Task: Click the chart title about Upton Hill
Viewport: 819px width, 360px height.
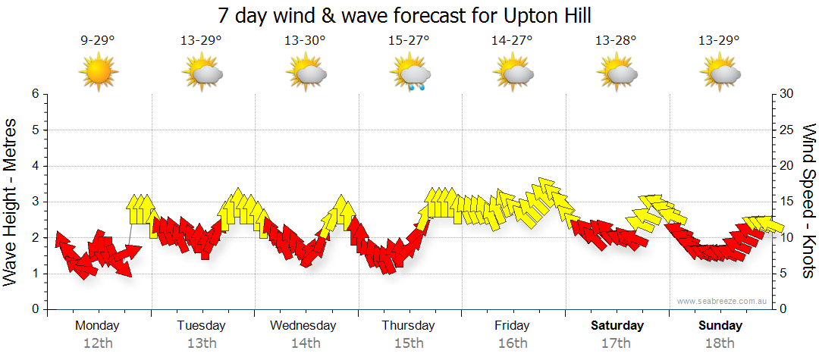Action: [x=404, y=15]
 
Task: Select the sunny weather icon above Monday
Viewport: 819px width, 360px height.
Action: [x=98, y=74]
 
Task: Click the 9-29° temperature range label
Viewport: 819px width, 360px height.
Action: [x=98, y=41]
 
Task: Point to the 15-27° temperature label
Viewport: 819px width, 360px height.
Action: [x=409, y=41]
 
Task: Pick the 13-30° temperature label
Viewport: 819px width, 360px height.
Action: [x=305, y=41]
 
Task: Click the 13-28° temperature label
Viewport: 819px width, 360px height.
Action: [x=616, y=41]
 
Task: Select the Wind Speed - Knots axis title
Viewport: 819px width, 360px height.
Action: [x=808, y=202]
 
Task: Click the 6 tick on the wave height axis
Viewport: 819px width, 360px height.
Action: [x=34, y=94]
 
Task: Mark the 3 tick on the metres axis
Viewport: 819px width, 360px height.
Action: [x=34, y=202]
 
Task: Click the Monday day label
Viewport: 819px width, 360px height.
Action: [x=97, y=326]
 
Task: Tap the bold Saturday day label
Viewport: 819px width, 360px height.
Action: [x=617, y=326]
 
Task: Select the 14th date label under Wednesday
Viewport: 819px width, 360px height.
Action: [x=305, y=343]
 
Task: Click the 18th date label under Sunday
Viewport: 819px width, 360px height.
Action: [x=720, y=343]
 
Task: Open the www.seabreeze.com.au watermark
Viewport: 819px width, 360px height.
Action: [x=723, y=302]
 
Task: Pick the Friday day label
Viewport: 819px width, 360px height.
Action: [x=512, y=326]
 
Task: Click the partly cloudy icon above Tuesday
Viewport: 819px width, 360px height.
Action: [x=202, y=74]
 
